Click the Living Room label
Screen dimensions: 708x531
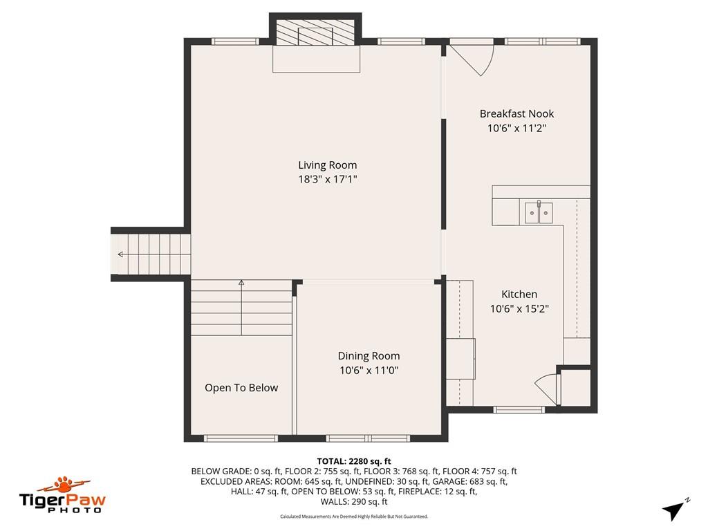click(x=327, y=165)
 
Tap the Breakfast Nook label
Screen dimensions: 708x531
click(x=516, y=114)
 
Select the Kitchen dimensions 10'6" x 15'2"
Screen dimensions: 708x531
click(x=519, y=309)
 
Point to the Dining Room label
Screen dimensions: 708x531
click(x=369, y=356)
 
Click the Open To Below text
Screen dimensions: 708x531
click(x=241, y=388)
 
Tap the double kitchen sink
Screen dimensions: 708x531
click(x=539, y=213)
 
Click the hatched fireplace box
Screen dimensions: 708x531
click(x=315, y=32)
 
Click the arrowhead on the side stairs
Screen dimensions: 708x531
click(x=120, y=254)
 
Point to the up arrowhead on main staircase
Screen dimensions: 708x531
click(x=241, y=283)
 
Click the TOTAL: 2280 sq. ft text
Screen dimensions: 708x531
click(x=354, y=461)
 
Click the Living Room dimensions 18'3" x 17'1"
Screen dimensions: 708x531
click(x=327, y=179)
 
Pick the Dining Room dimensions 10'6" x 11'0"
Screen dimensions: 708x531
click(x=369, y=371)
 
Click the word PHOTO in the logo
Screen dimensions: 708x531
click(x=75, y=510)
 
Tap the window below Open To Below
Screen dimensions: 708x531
click(x=241, y=438)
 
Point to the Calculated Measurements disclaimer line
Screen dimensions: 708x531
click(x=354, y=516)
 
